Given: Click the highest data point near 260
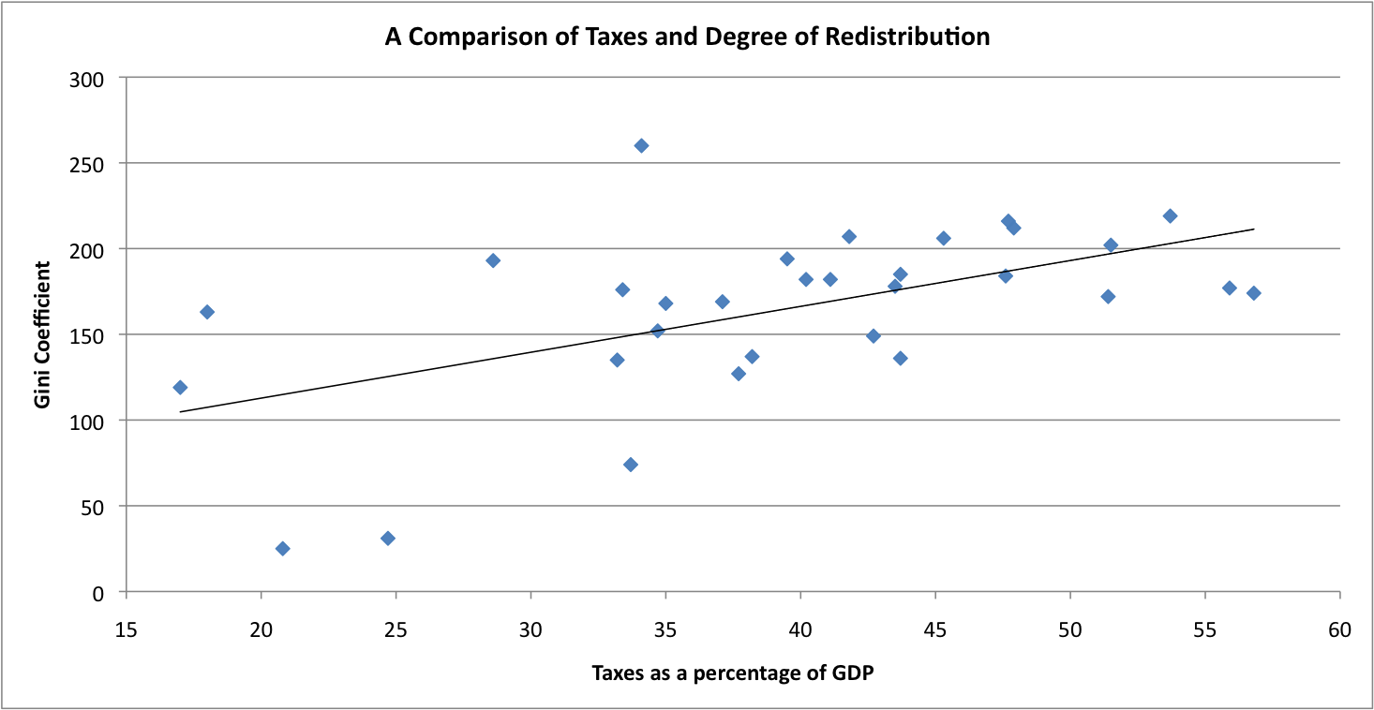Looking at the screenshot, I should point(641,145).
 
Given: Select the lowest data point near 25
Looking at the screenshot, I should point(282,549).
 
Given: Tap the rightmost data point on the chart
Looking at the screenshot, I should point(1253,293).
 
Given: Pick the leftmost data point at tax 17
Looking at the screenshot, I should point(180,388).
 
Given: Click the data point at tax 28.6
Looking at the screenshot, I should point(493,260).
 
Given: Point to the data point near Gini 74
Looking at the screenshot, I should point(631,465).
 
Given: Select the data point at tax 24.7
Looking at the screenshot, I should point(388,539).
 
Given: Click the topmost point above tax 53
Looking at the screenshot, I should point(1170,216).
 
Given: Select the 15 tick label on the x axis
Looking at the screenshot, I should point(126,631).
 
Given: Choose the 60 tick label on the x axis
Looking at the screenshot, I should point(1339,631).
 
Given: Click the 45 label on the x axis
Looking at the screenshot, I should point(934,631).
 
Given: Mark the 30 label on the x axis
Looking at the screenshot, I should point(530,631).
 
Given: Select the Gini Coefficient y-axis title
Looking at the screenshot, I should point(42,335).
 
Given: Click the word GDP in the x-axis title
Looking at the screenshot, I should point(854,673).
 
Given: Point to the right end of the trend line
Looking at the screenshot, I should point(1253,229).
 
